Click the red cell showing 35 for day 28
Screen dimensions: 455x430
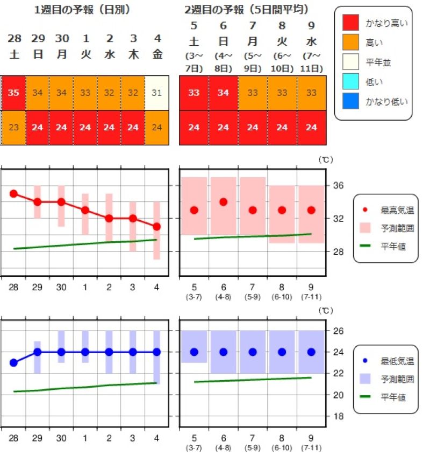(14, 93)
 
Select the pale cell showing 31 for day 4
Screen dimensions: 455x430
(157, 93)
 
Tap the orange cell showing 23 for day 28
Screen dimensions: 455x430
(14, 128)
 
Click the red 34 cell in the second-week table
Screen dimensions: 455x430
(223, 93)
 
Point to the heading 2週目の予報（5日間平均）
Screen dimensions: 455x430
(249, 10)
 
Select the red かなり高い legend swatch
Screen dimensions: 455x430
(352, 23)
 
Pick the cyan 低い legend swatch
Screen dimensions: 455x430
(352, 81)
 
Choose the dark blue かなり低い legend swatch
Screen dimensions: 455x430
(352, 101)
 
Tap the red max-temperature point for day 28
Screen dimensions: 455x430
(14, 193)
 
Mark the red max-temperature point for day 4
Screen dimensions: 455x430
(156, 227)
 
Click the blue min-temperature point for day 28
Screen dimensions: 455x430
(14, 362)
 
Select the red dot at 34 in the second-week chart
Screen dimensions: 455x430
(223, 202)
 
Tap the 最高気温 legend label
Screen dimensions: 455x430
(393, 209)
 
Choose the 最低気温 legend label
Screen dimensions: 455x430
(393, 361)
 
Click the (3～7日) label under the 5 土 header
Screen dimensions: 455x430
(193, 62)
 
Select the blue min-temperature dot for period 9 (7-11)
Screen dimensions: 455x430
(311, 352)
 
